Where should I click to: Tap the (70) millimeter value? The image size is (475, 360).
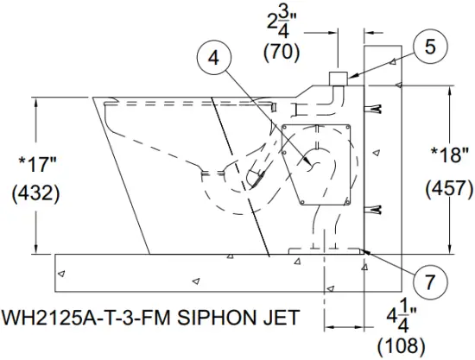click(x=281, y=51)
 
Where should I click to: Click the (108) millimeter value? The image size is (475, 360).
click(x=402, y=345)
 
